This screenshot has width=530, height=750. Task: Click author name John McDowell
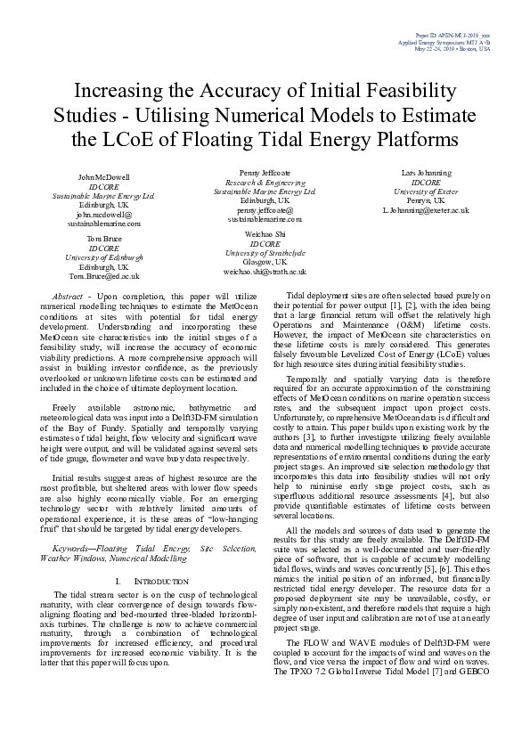(x=103, y=178)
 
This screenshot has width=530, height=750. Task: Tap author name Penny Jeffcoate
(x=265, y=172)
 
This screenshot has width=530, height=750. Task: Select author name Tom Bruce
(x=103, y=240)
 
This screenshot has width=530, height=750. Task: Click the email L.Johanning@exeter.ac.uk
(x=426, y=209)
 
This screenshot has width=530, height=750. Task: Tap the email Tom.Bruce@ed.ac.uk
(x=103, y=276)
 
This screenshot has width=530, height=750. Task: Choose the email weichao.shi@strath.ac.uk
(x=265, y=271)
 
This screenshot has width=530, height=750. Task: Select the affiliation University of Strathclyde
(x=265, y=253)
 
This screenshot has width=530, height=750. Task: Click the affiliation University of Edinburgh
(x=103, y=258)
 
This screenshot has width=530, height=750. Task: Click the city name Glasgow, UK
(x=265, y=262)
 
